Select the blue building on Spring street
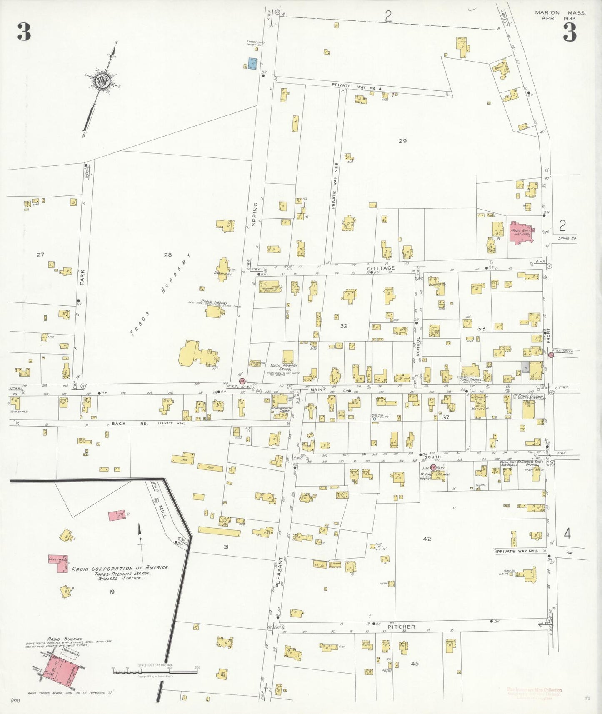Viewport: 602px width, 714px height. [252, 64]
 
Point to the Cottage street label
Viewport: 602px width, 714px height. [381, 268]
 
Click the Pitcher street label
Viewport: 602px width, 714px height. [401, 627]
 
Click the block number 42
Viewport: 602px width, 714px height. [427, 539]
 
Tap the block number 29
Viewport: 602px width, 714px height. [402, 141]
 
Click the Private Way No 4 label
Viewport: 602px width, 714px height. [357, 85]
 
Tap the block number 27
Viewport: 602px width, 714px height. [40, 255]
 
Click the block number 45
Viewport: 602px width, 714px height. [414, 663]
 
